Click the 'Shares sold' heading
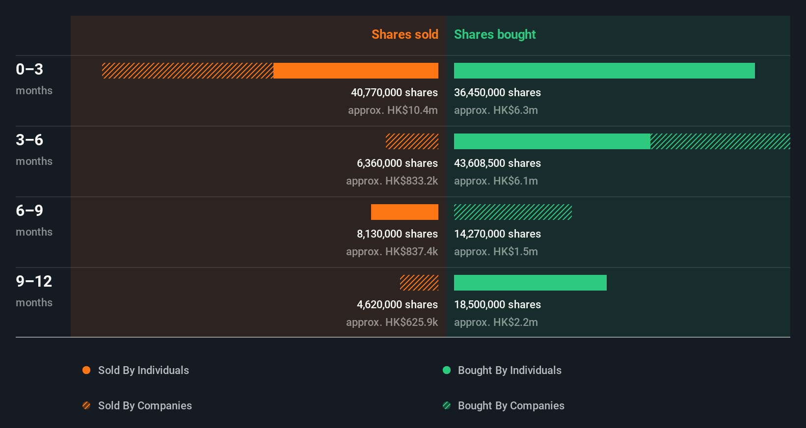pos(404,34)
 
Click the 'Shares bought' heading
pos(494,34)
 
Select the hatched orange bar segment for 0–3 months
pos(188,71)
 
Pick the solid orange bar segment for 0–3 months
pos(355,71)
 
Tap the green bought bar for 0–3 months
pos(604,71)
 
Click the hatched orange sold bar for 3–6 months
pos(412,141)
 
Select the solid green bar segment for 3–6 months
pos(552,141)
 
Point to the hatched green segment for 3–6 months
pos(720,141)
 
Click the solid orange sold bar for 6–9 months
pos(404,212)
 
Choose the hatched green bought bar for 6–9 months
pos(512,212)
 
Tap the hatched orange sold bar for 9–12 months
pos(419,283)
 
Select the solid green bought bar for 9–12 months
pos(530,283)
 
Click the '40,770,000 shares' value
pos(394,93)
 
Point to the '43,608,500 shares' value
pos(497,163)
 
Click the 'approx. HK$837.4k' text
pos(392,252)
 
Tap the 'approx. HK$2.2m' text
pos(496,322)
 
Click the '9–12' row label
pos(34,281)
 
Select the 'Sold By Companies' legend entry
pos(145,405)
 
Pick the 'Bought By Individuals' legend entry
pos(509,370)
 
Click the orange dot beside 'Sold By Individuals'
pos(86,370)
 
